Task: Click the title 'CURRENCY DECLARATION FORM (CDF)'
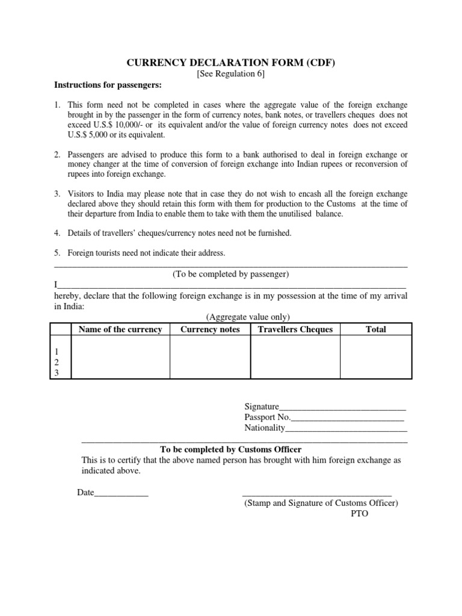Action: pos(231,63)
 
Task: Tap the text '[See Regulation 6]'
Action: pos(231,74)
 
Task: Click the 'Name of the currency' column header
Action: pos(120,329)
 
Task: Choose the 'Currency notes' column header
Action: pos(210,329)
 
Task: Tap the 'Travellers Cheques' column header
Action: pos(295,329)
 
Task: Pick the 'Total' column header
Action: pos(376,329)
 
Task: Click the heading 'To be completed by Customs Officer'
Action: pos(231,449)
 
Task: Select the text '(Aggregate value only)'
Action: pos(248,317)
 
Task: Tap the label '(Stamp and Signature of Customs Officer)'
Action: pos(321,504)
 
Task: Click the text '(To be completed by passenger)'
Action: pos(231,274)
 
